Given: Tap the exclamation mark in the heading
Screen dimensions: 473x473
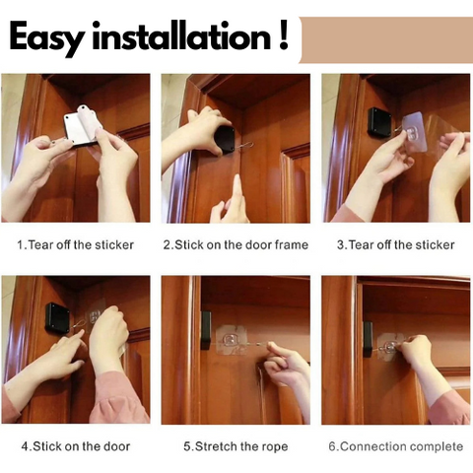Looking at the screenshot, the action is tap(283, 34).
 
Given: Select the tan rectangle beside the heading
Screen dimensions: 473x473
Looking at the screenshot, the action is tap(386, 40).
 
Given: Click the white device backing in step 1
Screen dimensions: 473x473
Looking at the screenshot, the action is tap(81, 125).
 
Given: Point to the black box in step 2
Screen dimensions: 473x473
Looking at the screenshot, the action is tap(225, 139).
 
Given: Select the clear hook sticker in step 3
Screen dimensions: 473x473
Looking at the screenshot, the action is tap(414, 132).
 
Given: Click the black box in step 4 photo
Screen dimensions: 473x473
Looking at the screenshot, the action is tap(57, 316).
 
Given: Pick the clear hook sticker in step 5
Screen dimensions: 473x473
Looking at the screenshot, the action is tap(232, 340).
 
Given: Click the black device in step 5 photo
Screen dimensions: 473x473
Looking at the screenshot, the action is tap(206, 329).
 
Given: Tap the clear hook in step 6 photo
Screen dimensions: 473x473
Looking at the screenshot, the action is tap(390, 347).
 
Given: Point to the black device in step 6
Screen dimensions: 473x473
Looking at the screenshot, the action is tap(368, 339).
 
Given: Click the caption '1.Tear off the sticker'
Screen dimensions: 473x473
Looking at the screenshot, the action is tap(76, 245).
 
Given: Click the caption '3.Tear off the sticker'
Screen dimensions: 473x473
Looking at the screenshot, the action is tap(396, 245).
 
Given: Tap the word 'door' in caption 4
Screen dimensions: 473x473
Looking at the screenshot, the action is tap(117, 446).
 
